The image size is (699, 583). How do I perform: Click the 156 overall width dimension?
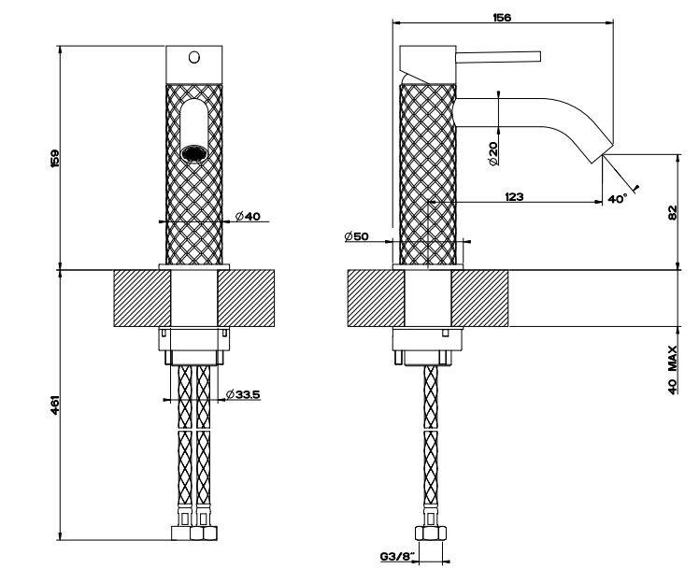(x=502, y=18)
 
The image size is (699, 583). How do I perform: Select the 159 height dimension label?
(x=55, y=159)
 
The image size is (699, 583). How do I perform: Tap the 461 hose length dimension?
(x=55, y=405)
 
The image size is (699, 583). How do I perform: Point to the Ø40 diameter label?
(x=248, y=216)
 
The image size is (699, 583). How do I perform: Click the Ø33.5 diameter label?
(x=243, y=394)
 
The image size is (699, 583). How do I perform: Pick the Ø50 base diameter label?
(x=357, y=235)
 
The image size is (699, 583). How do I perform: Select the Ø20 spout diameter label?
(x=493, y=154)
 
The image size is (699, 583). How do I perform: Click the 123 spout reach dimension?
(x=515, y=196)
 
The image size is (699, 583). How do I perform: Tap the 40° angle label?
(x=618, y=199)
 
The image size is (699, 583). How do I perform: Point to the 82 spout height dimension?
(x=673, y=213)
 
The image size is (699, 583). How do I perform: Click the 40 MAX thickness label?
(x=673, y=370)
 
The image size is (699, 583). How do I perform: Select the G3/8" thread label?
(x=398, y=556)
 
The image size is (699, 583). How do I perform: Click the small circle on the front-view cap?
(x=194, y=58)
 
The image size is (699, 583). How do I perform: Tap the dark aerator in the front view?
(x=194, y=153)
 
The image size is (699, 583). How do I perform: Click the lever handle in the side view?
(x=498, y=57)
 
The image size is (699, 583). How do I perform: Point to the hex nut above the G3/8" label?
(x=431, y=533)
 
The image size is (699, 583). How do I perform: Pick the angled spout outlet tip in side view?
(x=603, y=151)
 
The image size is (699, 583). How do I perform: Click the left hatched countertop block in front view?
(x=142, y=298)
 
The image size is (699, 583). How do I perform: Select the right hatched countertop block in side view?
(x=479, y=298)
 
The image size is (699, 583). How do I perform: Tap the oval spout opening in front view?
(x=194, y=131)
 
